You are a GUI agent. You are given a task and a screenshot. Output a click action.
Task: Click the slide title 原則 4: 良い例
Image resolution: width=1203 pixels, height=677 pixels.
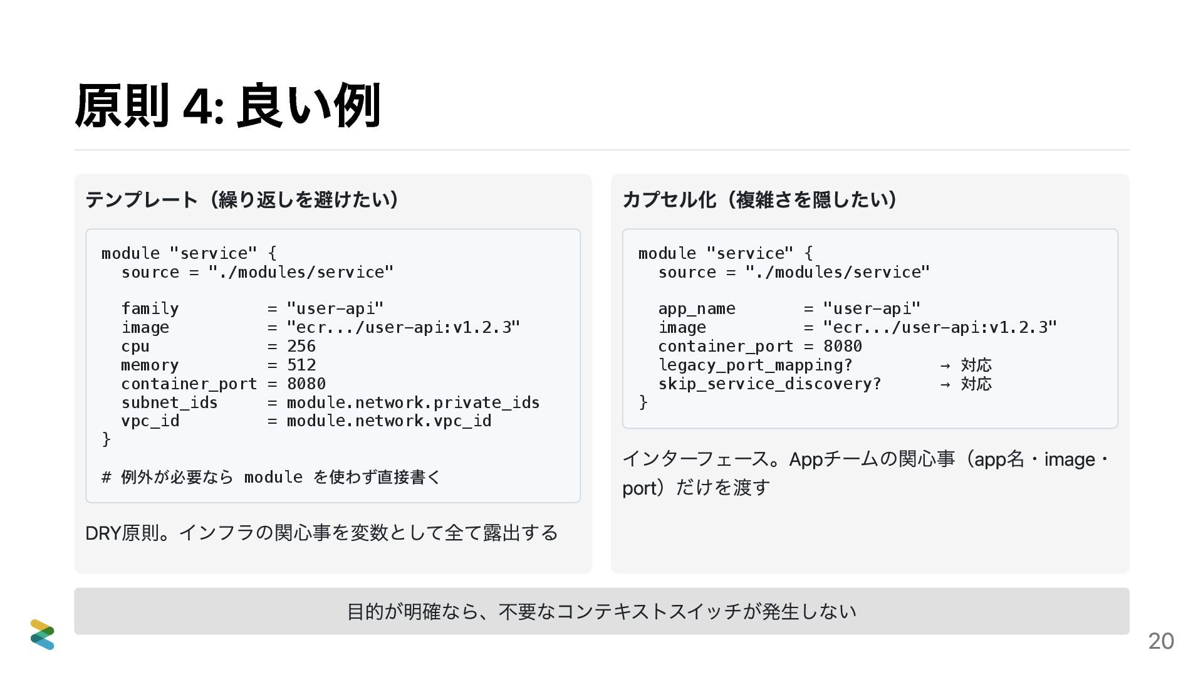[x=227, y=105]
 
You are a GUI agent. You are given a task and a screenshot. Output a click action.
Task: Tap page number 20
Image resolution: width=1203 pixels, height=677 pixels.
[x=1160, y=641]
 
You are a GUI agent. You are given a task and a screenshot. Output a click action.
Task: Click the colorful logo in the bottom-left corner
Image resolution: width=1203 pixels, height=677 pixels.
[x=42, y=634]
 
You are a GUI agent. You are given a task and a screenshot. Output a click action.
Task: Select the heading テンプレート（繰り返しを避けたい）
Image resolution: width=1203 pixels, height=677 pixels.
[x=242, y=199]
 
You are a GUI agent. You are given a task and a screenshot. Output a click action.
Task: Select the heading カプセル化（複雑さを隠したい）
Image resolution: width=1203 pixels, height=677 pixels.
[x=759, y=199]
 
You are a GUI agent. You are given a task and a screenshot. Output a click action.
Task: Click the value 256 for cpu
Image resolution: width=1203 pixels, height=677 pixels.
[x=301, y=346]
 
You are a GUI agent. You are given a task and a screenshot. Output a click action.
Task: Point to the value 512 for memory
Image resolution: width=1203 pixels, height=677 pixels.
[x=301, y=365]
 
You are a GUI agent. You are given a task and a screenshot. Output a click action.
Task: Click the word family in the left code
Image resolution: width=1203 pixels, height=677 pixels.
[x=150, y=308]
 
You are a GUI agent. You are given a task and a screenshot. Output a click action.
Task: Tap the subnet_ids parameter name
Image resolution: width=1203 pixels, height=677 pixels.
[x=169, y=402]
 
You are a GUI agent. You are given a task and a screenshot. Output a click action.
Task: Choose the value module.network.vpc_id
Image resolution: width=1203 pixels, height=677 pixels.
[x=388, y=421]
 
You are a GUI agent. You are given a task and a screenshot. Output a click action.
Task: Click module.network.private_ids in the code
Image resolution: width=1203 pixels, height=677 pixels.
[x=413, y=402]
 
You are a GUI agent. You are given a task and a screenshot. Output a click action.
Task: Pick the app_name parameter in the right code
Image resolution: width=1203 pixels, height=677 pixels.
[x=696, y=308]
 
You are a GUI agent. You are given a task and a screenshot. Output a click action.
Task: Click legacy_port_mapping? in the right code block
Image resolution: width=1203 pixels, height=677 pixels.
[x=755, y=365]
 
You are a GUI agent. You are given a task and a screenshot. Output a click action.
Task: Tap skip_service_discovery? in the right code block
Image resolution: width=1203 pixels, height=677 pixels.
[x=769, y=384]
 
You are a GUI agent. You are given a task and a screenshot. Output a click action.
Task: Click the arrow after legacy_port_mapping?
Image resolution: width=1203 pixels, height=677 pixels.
[x=945, y=365]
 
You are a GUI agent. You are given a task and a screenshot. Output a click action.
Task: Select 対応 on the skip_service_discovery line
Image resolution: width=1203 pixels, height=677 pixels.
[x=976, y=384]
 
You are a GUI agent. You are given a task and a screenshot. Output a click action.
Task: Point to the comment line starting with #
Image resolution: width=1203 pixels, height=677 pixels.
[x=271, y=477]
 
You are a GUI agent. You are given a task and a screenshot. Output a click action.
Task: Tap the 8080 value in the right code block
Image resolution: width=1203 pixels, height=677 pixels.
[x=842, y=346]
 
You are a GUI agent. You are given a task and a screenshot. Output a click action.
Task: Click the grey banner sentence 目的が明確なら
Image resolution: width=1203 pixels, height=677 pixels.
[x=601, y=611]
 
